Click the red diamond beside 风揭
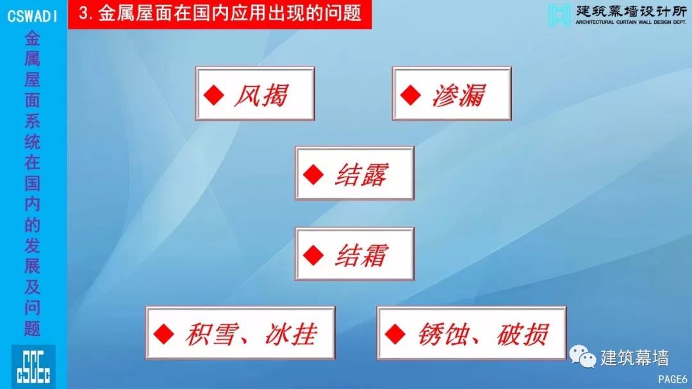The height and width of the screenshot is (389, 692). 214,95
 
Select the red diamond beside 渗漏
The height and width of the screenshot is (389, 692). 411,95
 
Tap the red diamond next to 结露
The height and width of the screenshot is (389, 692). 313,175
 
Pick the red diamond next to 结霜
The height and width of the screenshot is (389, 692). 313,255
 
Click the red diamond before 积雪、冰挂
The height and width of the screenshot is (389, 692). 164,334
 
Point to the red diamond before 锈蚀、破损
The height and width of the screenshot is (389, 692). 395,334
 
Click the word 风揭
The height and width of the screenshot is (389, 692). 261,95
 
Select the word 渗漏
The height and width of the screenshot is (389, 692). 459,95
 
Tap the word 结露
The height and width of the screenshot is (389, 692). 361,175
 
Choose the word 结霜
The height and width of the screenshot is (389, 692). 361,255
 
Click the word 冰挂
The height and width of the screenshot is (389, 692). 291,335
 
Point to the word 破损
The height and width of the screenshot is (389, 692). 523,335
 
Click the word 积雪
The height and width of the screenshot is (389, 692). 211,335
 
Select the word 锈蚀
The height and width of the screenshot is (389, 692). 443,335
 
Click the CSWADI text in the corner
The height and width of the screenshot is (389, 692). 32,16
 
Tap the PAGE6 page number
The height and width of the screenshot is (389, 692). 673,379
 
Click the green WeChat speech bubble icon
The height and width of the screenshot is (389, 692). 582,356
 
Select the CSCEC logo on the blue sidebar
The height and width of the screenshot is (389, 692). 33,367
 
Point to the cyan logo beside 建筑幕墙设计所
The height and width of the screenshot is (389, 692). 559,15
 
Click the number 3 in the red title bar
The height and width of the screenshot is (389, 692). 83,13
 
